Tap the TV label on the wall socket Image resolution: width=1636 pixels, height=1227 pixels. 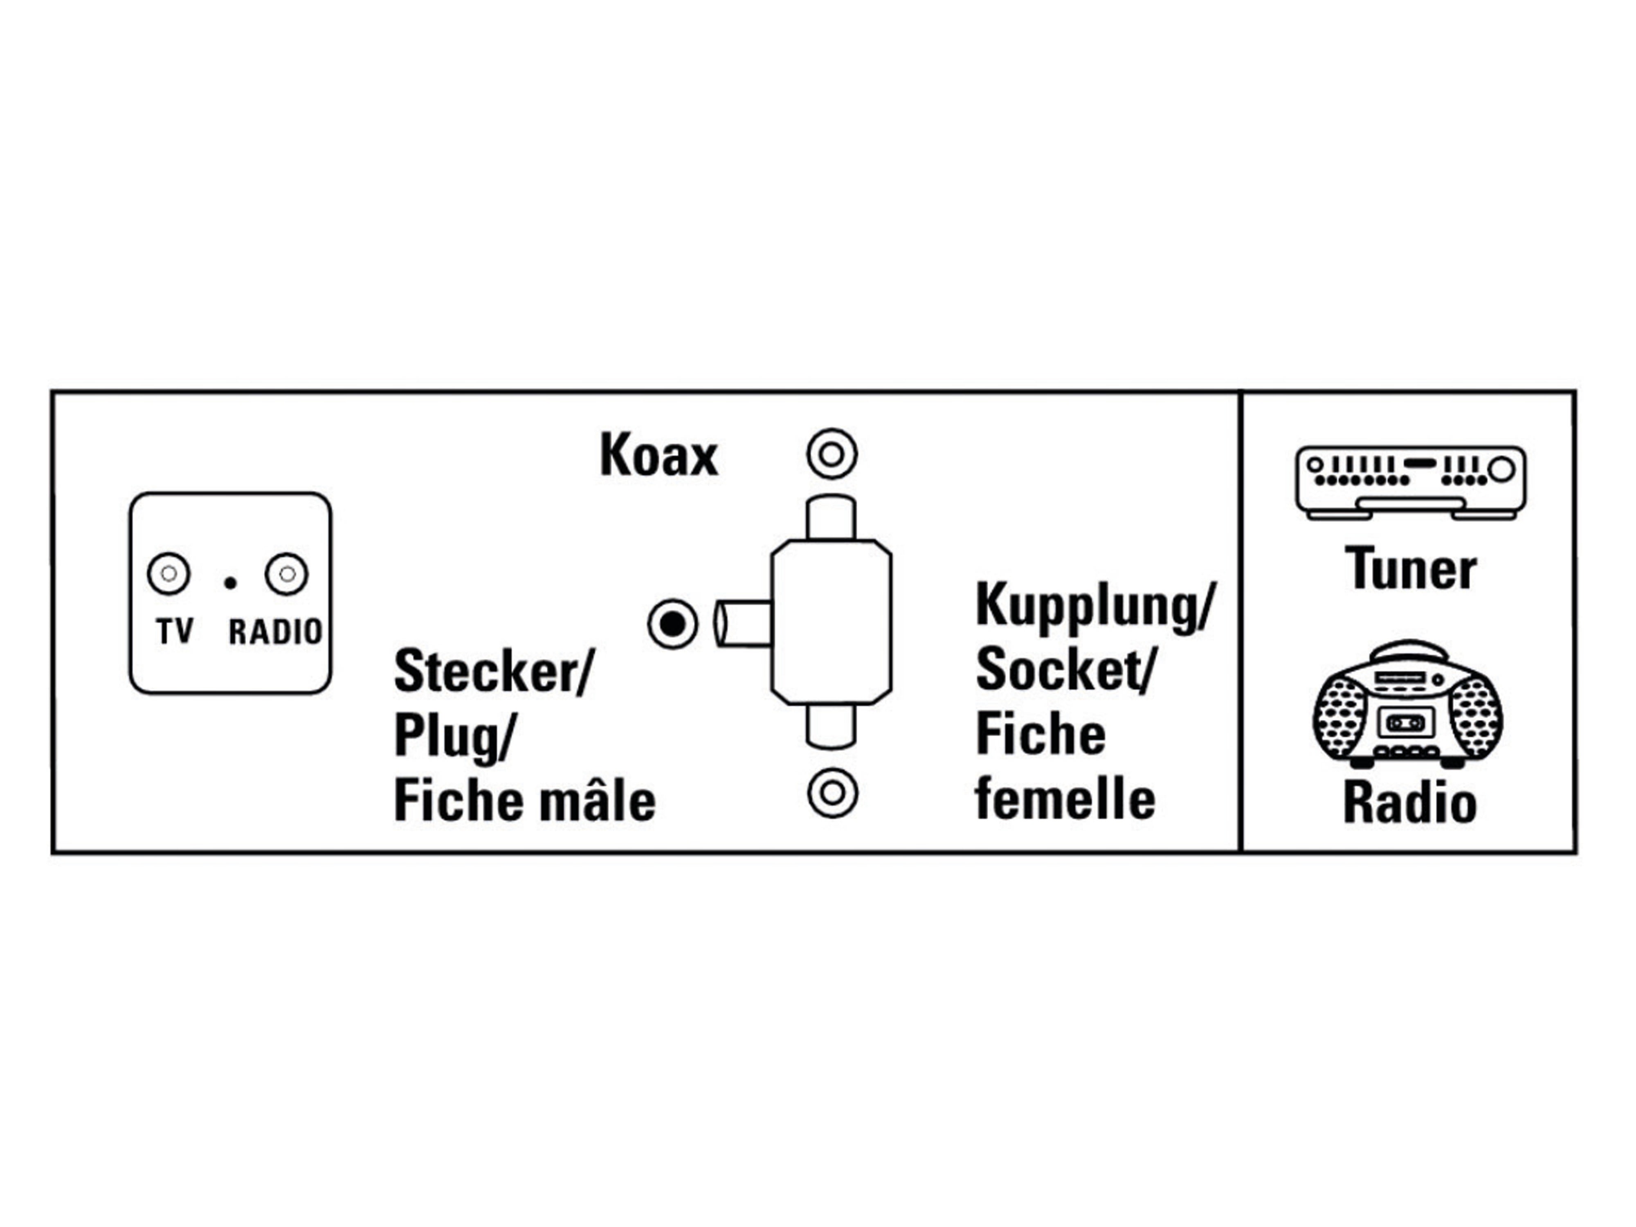(x=175, y=631)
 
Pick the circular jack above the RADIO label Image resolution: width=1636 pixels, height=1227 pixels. (x=287, y=574)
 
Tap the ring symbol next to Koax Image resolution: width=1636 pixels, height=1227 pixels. (x=832, y=454)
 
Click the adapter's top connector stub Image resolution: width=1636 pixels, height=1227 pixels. (x=831, y=519)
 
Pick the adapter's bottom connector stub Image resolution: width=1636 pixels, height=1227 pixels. (x=831, y=726)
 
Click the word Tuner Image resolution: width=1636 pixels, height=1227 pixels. (x=1410, y=569)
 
